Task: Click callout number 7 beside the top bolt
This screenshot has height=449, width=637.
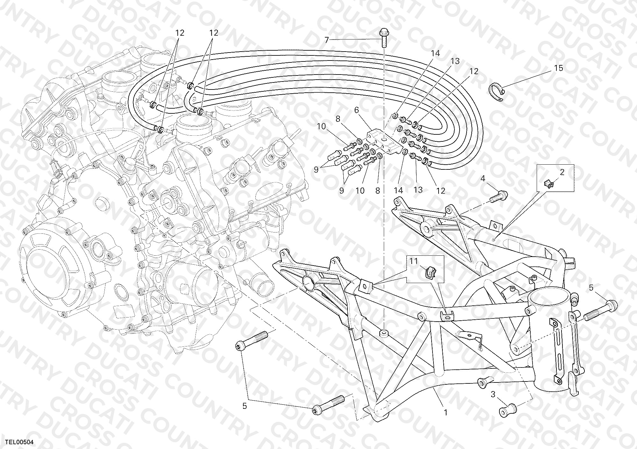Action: pyautogui.click(x=326, y=40)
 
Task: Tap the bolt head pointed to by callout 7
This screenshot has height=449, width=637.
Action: pyautogui.click(x=383, y=32)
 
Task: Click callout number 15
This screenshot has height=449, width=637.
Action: pyautogui.click(x=559, y=68)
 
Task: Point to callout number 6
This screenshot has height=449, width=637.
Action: pyautogui.click(x=356, y=110)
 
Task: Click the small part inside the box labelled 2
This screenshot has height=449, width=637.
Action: pyautogui.click(x=548, y=184)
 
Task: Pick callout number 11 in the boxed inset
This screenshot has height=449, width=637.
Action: pyautogui.click(x=413, y=261)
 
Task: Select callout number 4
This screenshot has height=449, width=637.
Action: pyautogui.click(x=483, y=179)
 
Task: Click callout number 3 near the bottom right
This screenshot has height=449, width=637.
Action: pyautogui.click(x=493, y=395)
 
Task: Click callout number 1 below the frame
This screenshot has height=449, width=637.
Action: pyautogui.click(x=446, y=413)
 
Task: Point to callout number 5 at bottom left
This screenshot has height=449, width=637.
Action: pyautogui.click(x=245, y=406)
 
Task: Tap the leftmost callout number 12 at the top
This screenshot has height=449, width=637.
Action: pyautogui.click(x=180, y=32)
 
